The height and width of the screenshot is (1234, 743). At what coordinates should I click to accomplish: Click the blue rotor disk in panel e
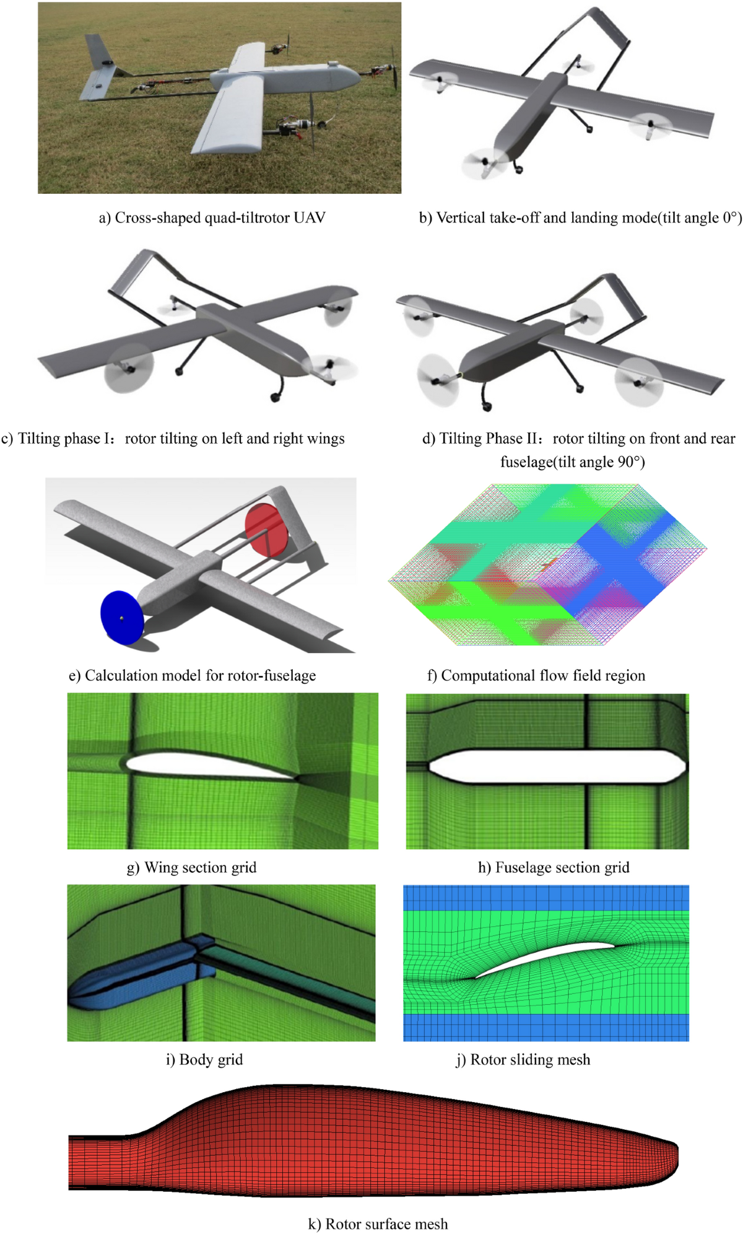122,618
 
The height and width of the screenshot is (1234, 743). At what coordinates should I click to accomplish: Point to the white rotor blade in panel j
545,958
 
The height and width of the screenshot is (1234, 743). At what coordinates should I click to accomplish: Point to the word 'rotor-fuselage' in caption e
271,675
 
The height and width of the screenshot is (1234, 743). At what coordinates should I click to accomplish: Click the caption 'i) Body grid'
204,1059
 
